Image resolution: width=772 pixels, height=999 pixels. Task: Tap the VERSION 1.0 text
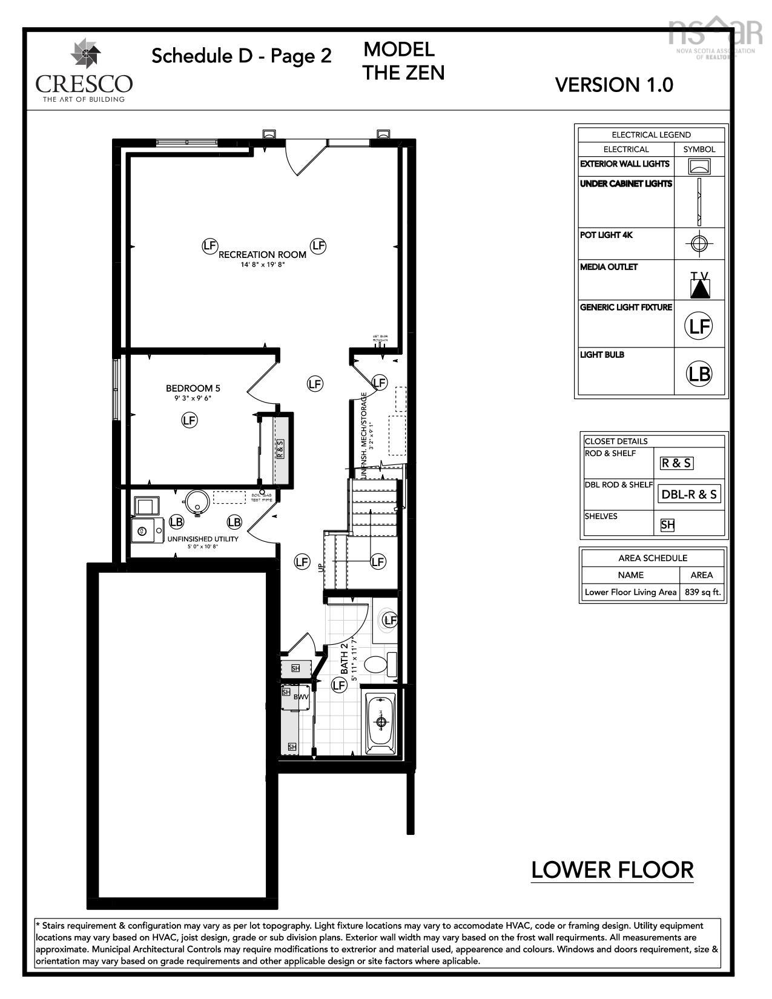[613, 85]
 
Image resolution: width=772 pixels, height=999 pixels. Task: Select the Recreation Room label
[262, 255]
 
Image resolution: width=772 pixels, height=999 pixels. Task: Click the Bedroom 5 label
[189, 389]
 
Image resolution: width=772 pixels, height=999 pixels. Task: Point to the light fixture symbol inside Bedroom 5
[190, 420]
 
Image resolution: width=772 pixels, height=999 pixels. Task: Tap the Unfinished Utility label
[203, 539]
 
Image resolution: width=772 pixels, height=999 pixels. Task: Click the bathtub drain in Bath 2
[381, 722]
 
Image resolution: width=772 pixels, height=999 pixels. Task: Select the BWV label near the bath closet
[301, 697]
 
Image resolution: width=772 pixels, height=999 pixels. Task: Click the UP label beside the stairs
[320, 567]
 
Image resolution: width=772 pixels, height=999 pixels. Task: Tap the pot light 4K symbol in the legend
[699, 243]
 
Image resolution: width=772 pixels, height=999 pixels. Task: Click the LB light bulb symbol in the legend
[699, 374]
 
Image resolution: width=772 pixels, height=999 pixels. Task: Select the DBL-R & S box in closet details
[689, 494]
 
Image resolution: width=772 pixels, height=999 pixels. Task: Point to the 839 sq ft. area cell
[702, 592]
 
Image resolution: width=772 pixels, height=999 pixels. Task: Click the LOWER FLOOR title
[612, 870]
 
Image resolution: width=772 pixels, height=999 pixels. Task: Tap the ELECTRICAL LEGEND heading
[651, 135]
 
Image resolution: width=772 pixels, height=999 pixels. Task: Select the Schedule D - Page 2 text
[241, 56]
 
